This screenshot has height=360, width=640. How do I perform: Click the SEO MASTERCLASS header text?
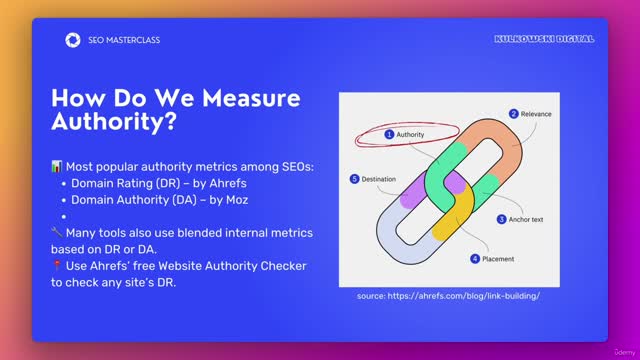tap(125, 40)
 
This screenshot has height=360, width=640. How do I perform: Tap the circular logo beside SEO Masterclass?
tap(72, 40)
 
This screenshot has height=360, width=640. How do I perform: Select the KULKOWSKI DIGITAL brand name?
tap(544, 39)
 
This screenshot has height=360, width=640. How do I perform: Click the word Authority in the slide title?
tap(116, 124)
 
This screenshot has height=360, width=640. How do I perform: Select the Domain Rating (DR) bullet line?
tap(145, 182)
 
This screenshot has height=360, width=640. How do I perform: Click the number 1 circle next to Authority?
tap(389, 133)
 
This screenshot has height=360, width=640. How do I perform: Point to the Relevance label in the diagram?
tap(536, 114)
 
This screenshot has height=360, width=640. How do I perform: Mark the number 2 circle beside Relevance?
tap(513, 114)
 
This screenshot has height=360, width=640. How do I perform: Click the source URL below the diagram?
tap(448, 296)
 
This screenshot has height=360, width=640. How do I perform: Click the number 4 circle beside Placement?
tap(475, 258)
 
